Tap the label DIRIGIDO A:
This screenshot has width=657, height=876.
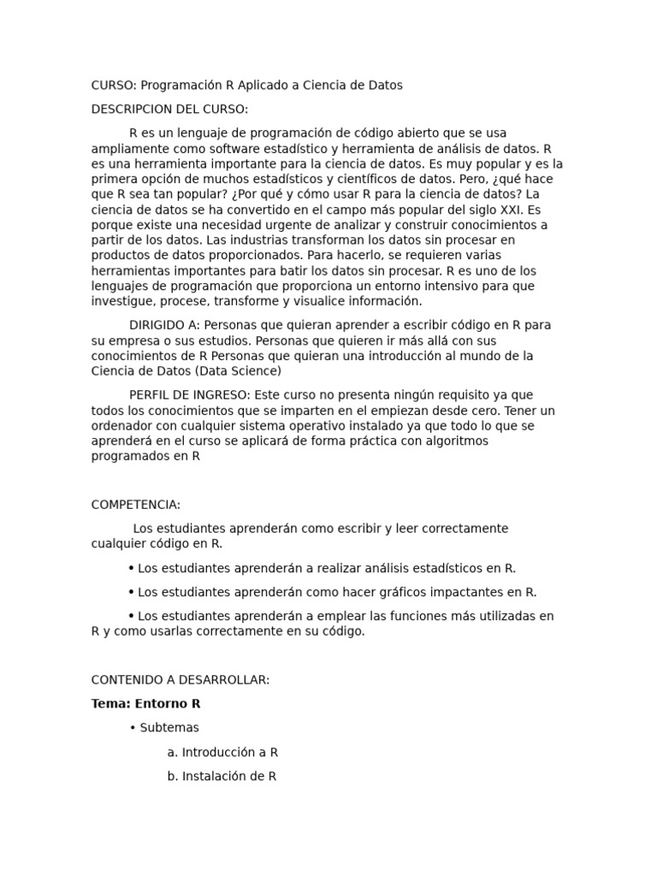point(166,325)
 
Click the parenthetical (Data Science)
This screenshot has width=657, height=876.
point(238,371)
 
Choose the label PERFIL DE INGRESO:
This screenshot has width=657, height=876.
point(190,395)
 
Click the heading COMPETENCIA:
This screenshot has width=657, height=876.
point(136,505)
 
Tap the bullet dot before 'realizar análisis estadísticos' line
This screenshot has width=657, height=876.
point(131,568)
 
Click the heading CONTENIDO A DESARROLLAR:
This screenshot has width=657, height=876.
point(181,680)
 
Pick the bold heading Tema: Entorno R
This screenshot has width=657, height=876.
point(145,704)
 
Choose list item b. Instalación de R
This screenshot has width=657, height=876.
point(222,777)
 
